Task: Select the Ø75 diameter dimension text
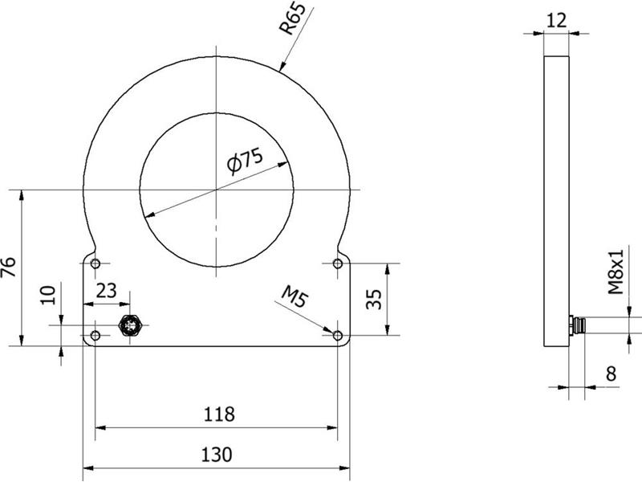click(x=245, y=161)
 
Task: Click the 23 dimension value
click(x=106, y=291)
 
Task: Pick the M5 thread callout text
click(x=294, y=300)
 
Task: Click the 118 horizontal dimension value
click(x=218, y=415)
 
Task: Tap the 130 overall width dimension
click(x=217, y=455)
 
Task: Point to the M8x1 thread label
click(x=616, y=272)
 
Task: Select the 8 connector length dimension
click(x=611, y=372)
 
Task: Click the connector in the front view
click(x=129, y=325)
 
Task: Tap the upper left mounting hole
click(x=96, y=263)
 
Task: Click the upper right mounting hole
click(x=337, y=263)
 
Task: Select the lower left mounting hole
click(x=96, y=335)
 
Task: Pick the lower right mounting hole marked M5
click(x=337, y=335)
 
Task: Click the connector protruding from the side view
click(x=576, y=325)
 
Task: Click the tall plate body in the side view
click(x=556, y=201)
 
